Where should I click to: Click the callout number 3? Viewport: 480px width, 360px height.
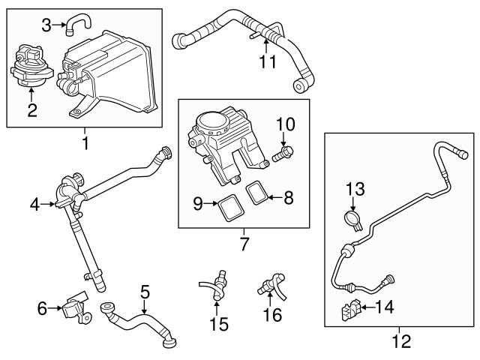pyautogui.click(x=46, y=26)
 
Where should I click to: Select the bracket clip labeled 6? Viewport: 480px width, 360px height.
pyautogui.click(x=73, y=307)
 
